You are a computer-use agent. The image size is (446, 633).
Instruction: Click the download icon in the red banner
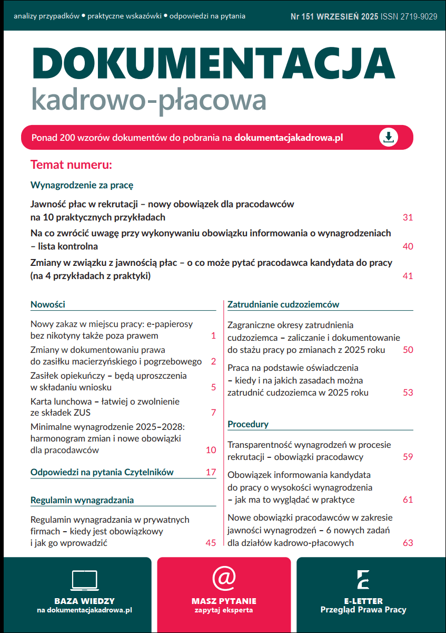(389, 138)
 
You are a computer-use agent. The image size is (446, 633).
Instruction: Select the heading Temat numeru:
(72, 165)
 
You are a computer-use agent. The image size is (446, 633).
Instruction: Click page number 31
(407, 217)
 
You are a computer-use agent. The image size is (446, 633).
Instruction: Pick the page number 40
(407, 246)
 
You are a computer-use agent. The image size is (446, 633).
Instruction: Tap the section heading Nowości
(48, 304)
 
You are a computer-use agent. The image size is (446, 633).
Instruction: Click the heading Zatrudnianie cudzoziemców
(283, 304)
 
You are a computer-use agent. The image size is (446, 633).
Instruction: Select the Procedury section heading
(248, 424)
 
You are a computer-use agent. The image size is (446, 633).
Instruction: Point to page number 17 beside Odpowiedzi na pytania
(211, 472)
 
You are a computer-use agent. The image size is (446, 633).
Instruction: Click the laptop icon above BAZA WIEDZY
(84, 580)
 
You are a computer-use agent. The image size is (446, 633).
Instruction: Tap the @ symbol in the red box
(224, 578)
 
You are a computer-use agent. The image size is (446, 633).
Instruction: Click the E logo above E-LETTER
(363, 579)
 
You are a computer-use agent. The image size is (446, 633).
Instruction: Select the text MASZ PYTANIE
(224, 601)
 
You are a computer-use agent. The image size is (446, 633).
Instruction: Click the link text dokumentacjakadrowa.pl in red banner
(289, 138)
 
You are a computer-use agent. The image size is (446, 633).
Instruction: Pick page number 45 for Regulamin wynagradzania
(211, 543)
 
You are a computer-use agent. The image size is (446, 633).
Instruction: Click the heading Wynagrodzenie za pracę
(82, 185)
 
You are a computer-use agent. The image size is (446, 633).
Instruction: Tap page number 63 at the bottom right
(407, 543)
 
